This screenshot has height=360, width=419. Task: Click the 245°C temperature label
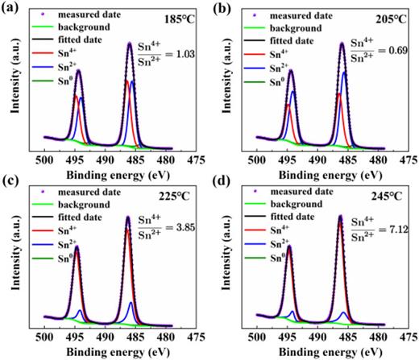pyautogui.click(x=394, y=195)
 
